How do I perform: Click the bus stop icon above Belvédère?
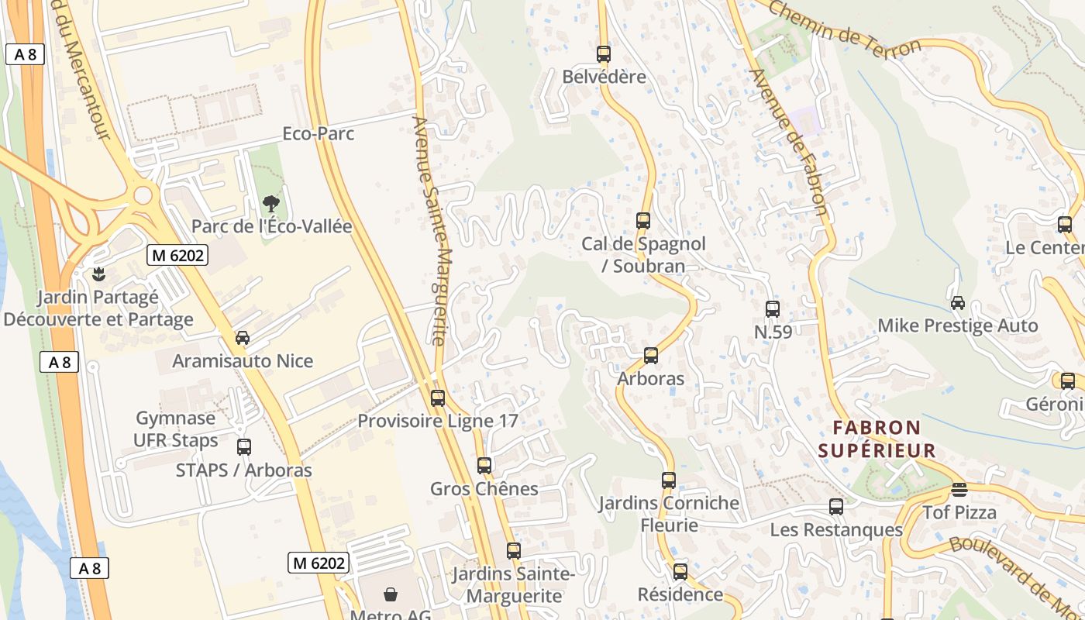(604, 54)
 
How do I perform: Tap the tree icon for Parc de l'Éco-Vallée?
(270, 204)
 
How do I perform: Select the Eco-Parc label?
(318, 133)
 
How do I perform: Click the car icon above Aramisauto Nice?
(243, 338)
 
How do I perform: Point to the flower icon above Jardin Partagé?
(98, 274)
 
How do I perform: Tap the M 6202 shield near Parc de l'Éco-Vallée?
(177, 255)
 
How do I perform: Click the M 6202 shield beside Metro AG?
(319, 563)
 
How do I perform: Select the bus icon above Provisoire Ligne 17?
(438, 398)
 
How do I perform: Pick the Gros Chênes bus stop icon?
(484, 466)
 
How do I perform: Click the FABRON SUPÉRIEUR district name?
(877, 439)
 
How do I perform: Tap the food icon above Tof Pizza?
(959, 490)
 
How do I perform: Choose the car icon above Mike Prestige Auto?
(958, 303)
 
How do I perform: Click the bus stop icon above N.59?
(773, 309)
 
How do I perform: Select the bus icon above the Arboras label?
(651, 356)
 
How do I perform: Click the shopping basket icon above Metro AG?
(391, 594)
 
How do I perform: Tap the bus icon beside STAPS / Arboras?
(244, 447)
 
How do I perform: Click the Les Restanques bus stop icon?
(836, 507)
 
